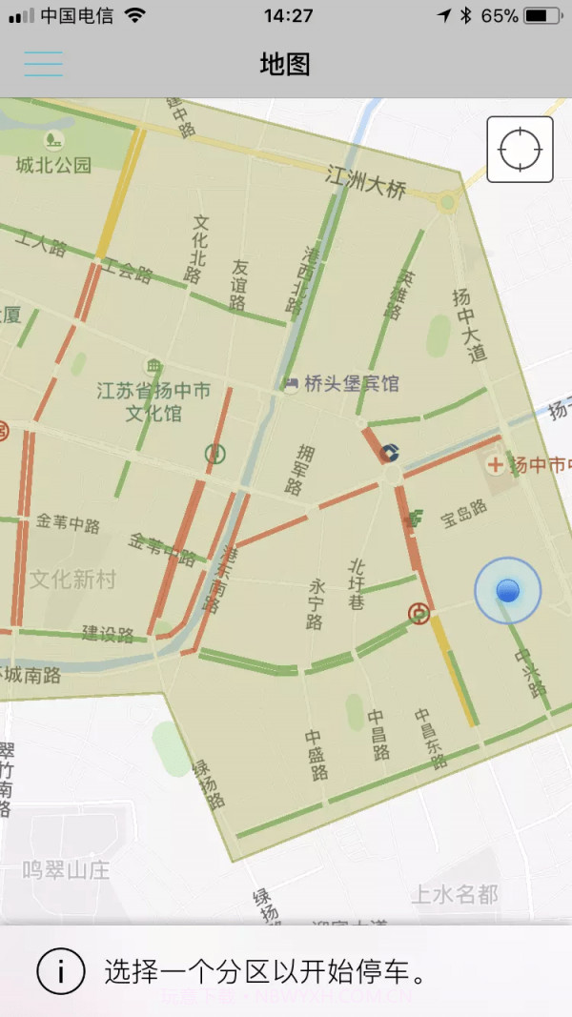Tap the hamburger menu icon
(43, 64)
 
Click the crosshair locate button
(520, 149)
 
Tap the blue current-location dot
(507, 591)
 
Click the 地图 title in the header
(285, 64)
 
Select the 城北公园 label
(53, 165)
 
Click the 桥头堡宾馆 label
(351, 383)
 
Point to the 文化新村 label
(72, 579)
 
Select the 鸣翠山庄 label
(67, 869)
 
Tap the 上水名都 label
(454, 894)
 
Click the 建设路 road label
(107, 634)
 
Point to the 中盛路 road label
(316, 755)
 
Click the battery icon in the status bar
(542, 16)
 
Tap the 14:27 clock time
(288, 16)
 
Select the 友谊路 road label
(238, 285)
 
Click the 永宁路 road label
(317, 603)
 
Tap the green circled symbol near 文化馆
(215, 454)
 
